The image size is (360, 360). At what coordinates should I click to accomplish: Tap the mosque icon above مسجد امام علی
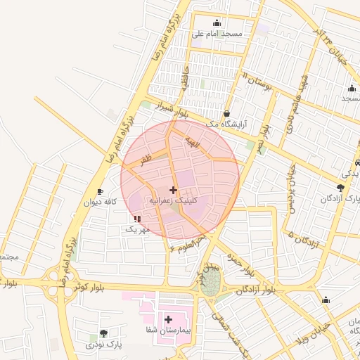[x=217, y=23]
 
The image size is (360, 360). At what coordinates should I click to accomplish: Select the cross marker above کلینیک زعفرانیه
[x=173, y=190]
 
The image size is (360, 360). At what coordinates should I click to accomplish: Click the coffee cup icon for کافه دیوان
[x=100, y=191]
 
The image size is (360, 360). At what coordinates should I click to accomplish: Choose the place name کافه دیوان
[x=100, y=202]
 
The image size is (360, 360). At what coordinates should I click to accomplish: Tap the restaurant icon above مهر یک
[x=136, y=219]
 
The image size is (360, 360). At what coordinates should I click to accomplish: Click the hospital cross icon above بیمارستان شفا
[x=168, y=319]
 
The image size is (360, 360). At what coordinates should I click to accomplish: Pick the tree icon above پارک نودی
[x=104, y=333]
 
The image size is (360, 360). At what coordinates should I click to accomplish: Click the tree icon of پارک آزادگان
[x=341, y=188]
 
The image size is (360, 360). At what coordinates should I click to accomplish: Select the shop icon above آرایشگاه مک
[x=226, y=113]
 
